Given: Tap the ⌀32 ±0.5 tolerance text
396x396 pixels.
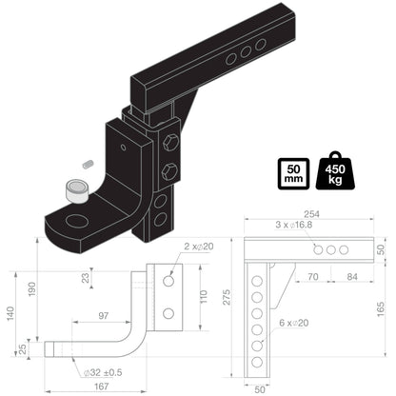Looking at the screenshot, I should point(103,371).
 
